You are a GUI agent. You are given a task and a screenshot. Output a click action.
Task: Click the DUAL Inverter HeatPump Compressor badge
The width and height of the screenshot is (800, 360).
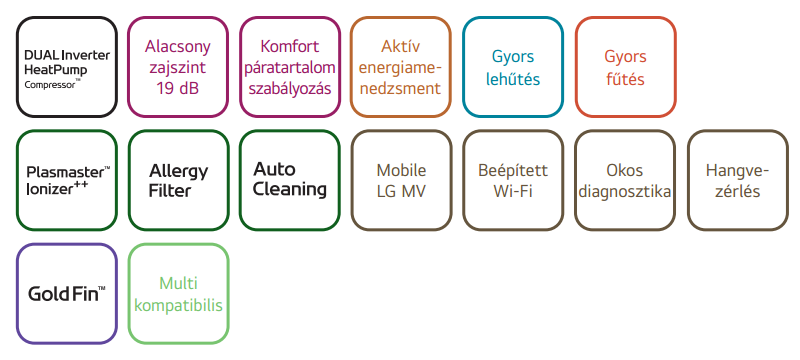click(67, 67)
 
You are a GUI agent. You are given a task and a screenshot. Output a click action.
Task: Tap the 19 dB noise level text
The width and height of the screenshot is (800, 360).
click(178, 89)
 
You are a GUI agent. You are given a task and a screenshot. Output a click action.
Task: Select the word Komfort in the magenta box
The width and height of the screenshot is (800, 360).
click(290, 46)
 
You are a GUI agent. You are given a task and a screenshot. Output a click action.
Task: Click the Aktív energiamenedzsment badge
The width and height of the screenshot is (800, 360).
click(401, 67)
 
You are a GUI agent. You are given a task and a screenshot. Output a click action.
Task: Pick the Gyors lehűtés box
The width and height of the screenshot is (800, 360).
click(513, 67)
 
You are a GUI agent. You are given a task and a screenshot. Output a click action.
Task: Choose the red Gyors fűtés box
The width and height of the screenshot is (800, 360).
click(626, 67)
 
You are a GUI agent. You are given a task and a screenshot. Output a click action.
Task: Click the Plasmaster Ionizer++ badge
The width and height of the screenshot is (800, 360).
click(67, 180)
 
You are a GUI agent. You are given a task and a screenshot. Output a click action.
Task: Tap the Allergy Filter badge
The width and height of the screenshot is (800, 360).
click(179, 180)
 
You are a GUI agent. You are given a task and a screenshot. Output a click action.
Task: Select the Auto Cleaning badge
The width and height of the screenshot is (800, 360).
click(290, 180)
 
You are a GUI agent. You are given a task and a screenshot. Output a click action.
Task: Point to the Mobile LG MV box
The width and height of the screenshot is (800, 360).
click(402, 180)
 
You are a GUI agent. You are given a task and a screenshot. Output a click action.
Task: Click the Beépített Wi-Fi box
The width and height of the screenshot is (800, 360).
click(513, 180)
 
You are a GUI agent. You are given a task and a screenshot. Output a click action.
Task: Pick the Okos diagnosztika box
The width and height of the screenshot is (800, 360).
click(625, 180)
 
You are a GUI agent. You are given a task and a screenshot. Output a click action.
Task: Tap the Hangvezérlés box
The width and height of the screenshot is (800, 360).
click(738, 180)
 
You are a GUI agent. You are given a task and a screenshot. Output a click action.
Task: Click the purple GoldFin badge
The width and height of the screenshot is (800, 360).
click(67, 293)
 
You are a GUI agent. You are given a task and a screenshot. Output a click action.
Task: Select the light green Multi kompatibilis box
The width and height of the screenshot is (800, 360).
click(179, 293)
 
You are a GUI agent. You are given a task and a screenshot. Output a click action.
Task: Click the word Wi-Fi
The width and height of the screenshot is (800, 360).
click(513, 192)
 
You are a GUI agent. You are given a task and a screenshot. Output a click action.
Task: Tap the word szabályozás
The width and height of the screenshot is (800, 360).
click(290, 89)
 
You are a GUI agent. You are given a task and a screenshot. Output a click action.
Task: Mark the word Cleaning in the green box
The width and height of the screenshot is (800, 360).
click(290, 190)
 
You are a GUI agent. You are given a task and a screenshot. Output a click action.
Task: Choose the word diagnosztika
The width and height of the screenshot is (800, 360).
click(625, 192)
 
